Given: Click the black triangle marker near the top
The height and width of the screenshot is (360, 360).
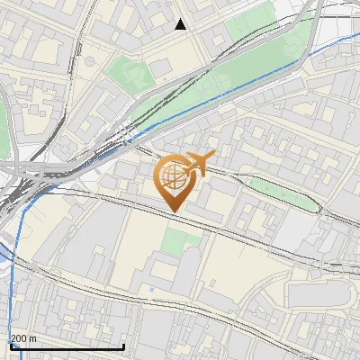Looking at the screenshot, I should pos(181,24).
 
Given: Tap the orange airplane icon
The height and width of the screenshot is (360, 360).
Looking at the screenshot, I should pos(198,165).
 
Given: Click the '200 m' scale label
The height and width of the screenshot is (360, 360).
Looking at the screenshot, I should pos(24,337).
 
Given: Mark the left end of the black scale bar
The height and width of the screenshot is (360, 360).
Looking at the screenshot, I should pos(11,346).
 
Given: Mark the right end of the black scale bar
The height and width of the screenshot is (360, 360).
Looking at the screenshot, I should pos(123,346).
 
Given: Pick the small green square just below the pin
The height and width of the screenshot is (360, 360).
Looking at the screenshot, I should pos(183,240).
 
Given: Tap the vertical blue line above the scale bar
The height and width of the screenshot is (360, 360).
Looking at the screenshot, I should pos(13,297).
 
